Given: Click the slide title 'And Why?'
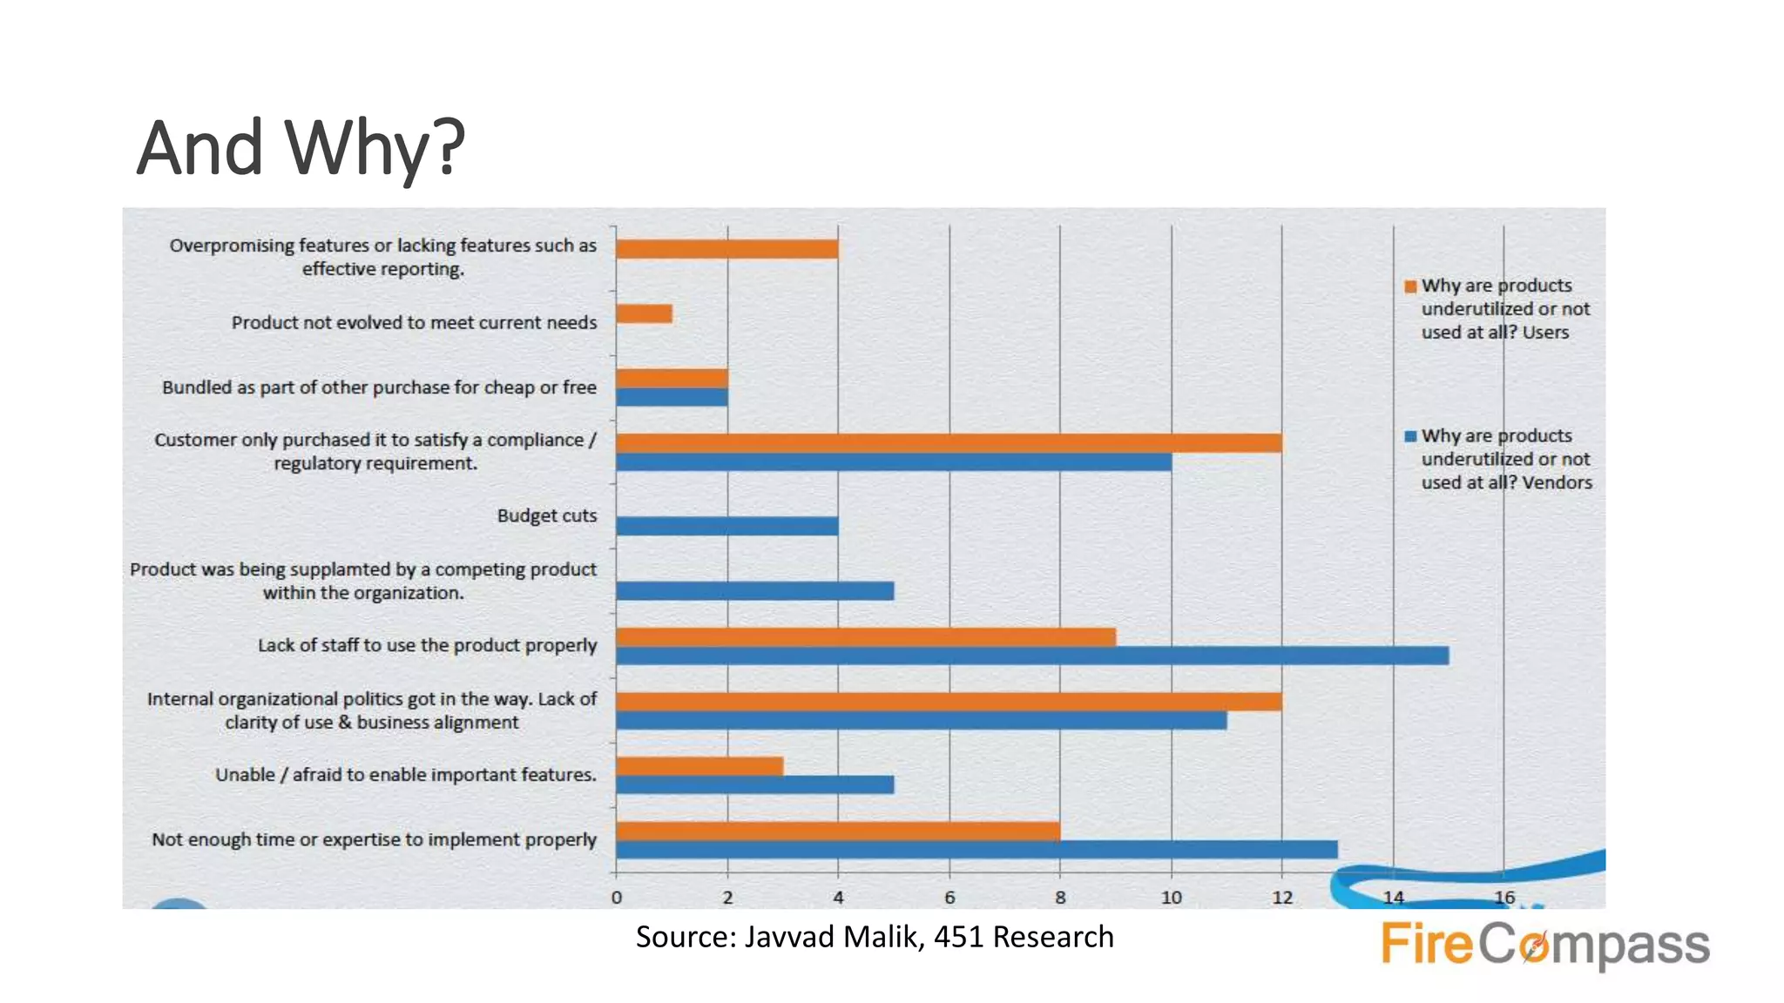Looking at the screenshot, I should coord(301,148).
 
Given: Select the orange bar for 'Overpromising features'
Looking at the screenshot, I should coord(726,249).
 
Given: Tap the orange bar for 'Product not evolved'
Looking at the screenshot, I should coord(644,313).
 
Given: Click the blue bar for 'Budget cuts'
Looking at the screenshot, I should coord(726,526).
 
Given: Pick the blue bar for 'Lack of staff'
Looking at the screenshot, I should coord(1031,656).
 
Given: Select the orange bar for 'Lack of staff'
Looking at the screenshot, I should coord(865,637).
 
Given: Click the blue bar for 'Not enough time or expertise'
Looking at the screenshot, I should coord(976,850).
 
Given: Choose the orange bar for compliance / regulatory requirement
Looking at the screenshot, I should coord(948,442).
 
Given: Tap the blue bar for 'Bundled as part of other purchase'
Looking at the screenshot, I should coord(672,397).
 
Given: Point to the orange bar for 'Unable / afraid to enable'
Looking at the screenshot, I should coord(699,766).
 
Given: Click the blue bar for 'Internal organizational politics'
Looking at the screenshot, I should coord(920,721).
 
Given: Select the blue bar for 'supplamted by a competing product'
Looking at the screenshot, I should coord(754,591).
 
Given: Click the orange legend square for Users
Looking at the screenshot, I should coord(1410,286).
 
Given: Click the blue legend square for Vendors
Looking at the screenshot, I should coord(1410,436).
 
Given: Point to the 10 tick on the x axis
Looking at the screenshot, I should coord(1171,898).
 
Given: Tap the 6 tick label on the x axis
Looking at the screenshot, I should coord(949,898).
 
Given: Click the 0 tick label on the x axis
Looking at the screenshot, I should coord(617,898).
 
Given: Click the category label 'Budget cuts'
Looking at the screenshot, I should coord(546,515).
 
